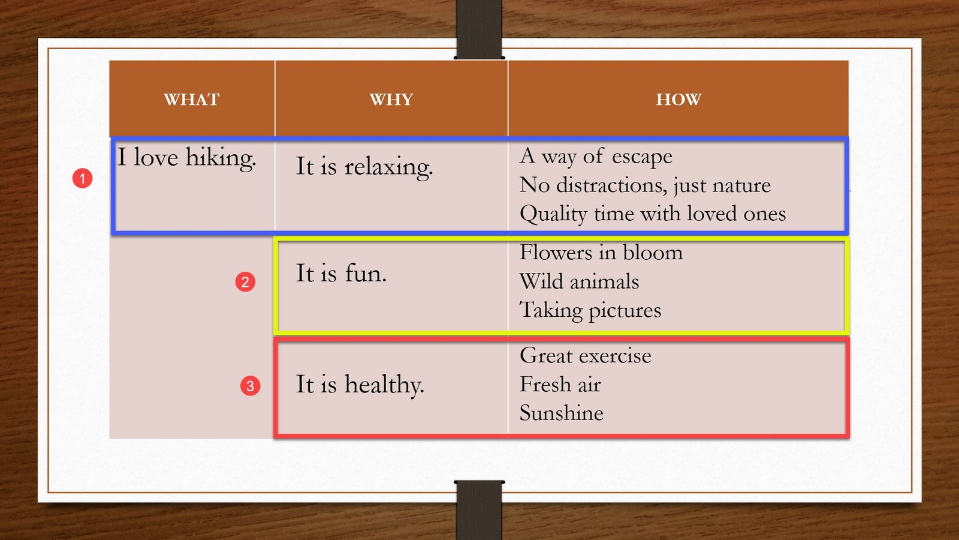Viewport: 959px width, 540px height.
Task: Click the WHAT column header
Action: coord(192,99)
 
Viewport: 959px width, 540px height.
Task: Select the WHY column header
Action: coord(391,99)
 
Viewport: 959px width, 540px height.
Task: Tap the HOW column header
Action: coord(678,99)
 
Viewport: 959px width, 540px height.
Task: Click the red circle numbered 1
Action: coord(83,178)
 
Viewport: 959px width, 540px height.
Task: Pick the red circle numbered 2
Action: coord(245,282)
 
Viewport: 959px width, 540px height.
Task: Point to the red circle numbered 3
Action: coord(251,386)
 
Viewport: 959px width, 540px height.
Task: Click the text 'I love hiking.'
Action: coord(186,158)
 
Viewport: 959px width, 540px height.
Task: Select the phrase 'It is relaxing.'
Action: coord(364,167)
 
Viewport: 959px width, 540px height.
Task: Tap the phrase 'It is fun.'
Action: coord(341,274)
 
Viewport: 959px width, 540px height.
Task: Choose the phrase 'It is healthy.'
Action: coord(360,385)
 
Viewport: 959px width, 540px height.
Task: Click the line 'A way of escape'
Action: coord(596,156)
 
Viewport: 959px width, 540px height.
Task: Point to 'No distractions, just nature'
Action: coord(645,185)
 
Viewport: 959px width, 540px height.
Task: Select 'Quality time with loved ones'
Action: coord(653,214)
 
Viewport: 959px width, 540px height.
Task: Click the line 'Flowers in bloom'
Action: coord(601,253)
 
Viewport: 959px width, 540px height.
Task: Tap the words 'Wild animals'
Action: coord(579,281)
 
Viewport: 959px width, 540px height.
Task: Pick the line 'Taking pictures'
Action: coord(590,310)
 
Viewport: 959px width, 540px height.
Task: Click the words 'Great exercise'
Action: coord(585,356)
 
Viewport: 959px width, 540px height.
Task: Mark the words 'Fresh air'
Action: coord(560,385)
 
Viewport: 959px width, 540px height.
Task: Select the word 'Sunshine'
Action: coord(561,413)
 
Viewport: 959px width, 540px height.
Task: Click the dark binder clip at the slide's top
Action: coord(479,29)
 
